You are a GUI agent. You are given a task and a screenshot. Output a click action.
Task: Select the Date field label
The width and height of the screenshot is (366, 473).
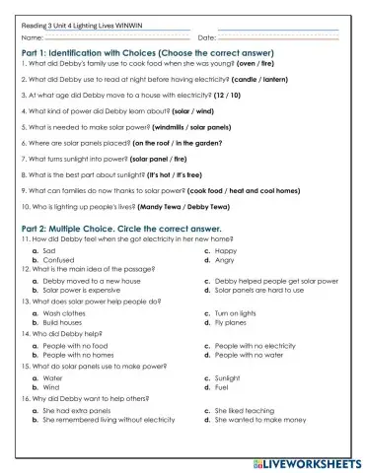click(x=207, y=37)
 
